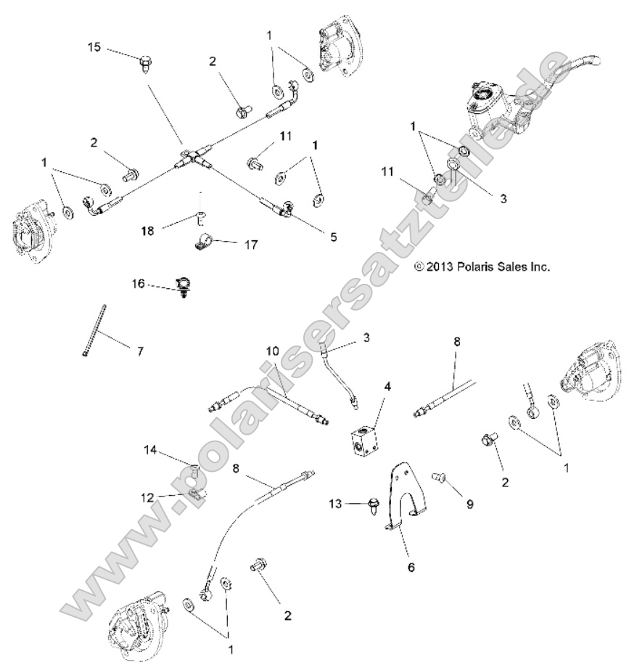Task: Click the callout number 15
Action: coord(95,47)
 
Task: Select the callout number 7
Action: coord(140,351)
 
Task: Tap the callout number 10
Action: coord(272,351)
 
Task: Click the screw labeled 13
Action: coord(374,504)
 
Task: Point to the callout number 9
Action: coord(469,503)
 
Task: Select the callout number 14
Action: coord(150,450)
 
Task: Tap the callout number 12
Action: coord(148,497)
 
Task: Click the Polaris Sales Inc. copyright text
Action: coord(482,266)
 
